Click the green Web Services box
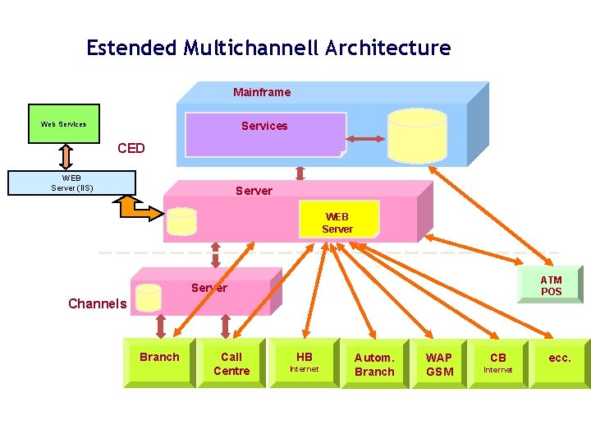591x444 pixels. pyautogui.click(x=64, y=124)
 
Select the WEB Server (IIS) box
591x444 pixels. pyautogui.click(x=71, y=183)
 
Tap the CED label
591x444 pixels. pyautogui.click(x=131, y=148)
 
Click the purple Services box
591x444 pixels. pyautogui.click(x=266, y=134)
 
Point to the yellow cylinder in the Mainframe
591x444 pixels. pyautogui.click(x=417, y=136)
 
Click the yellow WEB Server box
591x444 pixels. pyautogui.click(x=339, y=219)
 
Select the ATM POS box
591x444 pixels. pyautogui.click(x=550, y=284)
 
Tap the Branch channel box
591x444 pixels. pyautogui.click(x=160, y=363)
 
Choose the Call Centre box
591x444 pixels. pyautogui.click(x=231, y=363)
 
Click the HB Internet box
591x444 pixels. pyautogui.click(x=304, y=363)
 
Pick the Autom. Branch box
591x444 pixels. pyautogui.click(x=374, y=363)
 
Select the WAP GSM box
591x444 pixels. pyautogui.click(x=438, y=363)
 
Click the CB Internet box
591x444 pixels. pyautogui.click(x=498, y=363)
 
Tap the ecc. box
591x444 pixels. pyautogui.click(x=560, y=363)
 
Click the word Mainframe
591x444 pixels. pyautogui.click(x=262, y=92)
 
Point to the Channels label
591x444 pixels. pyautogui.click(x=97, y=303)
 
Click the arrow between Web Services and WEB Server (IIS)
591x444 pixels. pyautogui.click(x=66, y=157)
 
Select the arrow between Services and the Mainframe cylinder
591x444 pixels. pyautogui.click(x=365, y=139)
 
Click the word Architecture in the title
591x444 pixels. pyautogui.click(x=388, y=48)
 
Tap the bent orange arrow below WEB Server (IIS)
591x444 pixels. pyautogui.click(x=136, y=210)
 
